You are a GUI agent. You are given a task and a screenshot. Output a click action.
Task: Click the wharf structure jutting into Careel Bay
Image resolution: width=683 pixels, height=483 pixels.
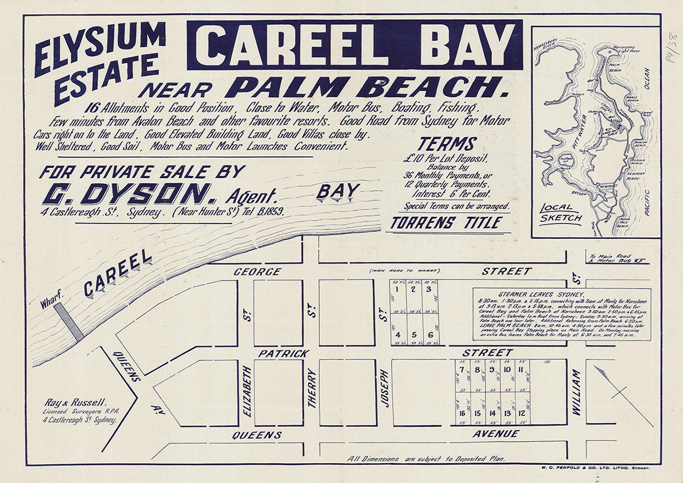coord(68,321)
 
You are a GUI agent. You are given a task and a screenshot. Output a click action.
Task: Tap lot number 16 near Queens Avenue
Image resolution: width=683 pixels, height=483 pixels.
coord(462,414)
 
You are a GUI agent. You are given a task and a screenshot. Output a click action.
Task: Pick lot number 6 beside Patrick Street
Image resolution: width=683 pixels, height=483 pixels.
coord(430,335)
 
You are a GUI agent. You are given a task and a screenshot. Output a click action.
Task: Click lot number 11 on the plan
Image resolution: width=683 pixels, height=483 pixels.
coord(521,370)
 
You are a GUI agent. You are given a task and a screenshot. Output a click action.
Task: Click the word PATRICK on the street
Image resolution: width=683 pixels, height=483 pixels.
coord(283,353)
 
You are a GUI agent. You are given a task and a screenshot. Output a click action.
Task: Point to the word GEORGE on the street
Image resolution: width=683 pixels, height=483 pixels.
coord(257,272)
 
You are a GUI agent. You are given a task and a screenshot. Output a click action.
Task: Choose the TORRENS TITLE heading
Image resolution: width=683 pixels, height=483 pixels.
coord(446,223)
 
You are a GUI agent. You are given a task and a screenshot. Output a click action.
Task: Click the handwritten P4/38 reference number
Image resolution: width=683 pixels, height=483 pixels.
coord(671,48)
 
